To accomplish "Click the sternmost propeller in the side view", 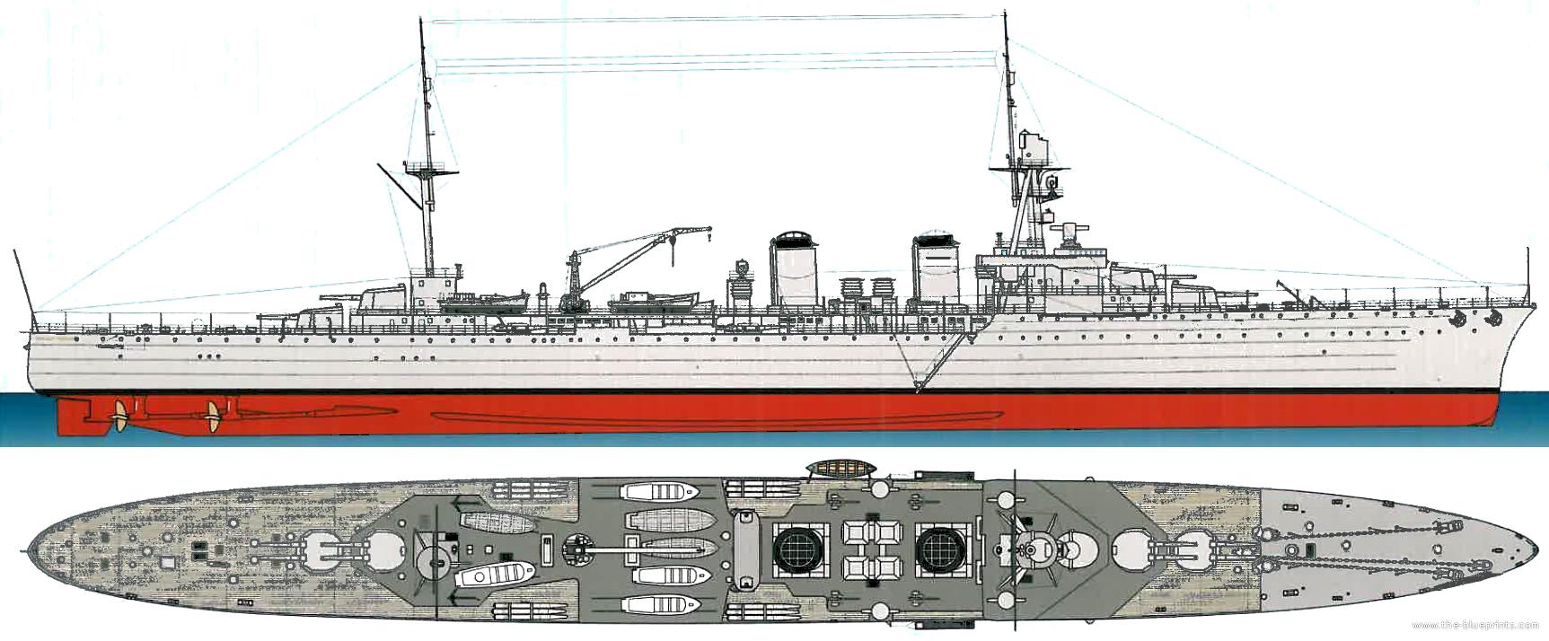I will point(117,414).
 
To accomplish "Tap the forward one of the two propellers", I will point(214,416).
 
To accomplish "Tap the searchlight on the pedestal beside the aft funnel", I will point(743,268).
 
